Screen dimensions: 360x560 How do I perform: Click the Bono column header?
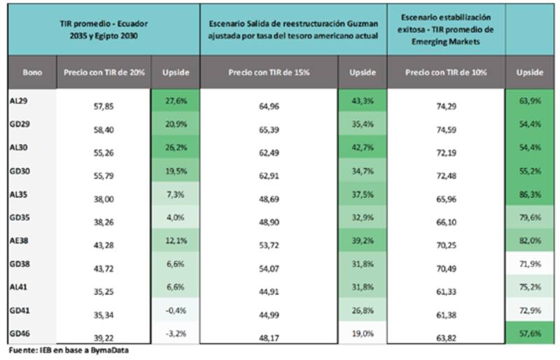[31, 72]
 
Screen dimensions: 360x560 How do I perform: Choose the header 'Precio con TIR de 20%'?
[104, 72]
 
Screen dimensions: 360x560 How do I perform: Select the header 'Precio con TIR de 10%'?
[445, 72]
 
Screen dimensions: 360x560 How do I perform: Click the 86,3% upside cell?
[531, 195]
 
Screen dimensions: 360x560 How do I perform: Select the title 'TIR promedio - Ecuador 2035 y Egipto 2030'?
[104, 27]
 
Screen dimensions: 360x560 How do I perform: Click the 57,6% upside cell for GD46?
[531, 335]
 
